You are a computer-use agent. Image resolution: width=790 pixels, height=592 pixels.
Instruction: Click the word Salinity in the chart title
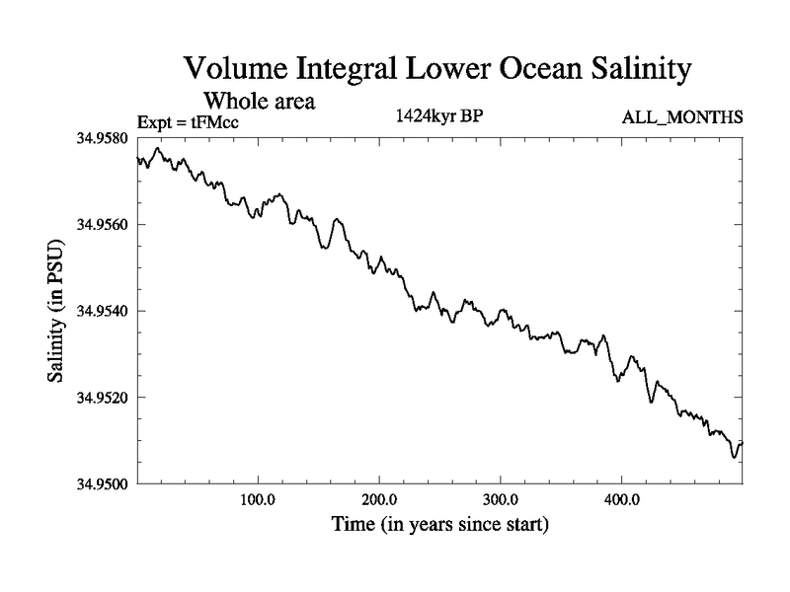pyautogui.click(x=627, y=70)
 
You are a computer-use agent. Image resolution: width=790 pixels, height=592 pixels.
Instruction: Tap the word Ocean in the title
pyautogui.click(x=519, y=70)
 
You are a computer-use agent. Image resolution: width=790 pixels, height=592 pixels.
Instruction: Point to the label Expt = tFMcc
pyautogui.click(x=189, y=121)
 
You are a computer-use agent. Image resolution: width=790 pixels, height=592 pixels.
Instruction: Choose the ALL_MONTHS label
pyautogui.click(x=682, y=117)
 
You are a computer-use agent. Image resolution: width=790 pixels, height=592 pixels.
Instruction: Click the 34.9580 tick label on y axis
pyautogui.click(x=102, y=137)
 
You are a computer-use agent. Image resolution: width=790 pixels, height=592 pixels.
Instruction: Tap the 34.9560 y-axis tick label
pyautogui.click(x=102, y=224)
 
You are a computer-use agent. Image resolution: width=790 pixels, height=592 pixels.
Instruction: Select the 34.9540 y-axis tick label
pyautogui.click(x=102, y=311)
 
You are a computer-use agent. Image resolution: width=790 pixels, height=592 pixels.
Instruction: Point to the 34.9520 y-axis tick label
pyautogui.click(x=102, y=398)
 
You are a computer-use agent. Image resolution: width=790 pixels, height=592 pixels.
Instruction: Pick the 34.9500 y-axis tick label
pyautogui.click(x=102, y=483)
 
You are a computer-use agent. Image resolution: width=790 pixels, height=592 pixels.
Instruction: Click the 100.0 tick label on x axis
pyautogui.click(x=258, y=499)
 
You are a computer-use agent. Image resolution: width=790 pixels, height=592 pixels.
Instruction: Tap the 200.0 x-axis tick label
pyautogui.click(x=379, y=499)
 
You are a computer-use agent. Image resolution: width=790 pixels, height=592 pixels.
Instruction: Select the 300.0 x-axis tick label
pyautogui.click(x=501, y=499)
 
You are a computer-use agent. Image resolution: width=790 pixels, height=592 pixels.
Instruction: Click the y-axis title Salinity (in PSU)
pyautogui.click(x=56, y=312)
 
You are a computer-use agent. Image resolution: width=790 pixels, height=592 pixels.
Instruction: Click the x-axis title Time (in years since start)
pyautogui.click(x=439, y=524)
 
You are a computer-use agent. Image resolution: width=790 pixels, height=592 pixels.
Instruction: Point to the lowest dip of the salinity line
pyautogui.click(x=734, y=457)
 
